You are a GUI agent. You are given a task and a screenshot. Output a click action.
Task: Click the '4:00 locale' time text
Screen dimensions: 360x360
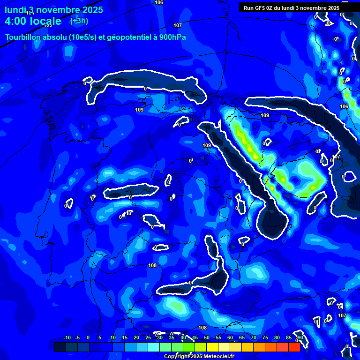[33, 21]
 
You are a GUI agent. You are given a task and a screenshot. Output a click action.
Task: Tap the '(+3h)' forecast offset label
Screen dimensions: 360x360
[79, 21]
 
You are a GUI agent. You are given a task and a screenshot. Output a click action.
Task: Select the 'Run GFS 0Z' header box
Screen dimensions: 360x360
[292, 7]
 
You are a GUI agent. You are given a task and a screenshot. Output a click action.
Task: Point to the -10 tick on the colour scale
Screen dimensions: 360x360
[67, 338]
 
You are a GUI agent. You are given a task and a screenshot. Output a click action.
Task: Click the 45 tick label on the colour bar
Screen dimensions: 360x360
[195, 338]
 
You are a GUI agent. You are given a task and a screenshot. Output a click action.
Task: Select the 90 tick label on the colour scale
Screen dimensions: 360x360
[300, 338]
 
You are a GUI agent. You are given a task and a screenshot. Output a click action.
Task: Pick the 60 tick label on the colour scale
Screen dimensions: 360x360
[230, 338]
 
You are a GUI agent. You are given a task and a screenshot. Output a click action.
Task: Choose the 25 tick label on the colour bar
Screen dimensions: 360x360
[148, 338]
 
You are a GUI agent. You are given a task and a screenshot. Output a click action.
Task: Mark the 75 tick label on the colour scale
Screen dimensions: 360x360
[265, 338]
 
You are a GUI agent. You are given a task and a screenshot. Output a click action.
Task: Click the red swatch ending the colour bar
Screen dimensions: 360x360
[294, 347]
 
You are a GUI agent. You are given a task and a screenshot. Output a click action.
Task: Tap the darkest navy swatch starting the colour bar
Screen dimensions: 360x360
[60, 347]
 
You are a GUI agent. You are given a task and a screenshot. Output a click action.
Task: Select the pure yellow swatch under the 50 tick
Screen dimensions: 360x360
[212, 347]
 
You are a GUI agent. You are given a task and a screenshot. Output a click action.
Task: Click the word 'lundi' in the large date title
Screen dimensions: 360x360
[15, 10]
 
